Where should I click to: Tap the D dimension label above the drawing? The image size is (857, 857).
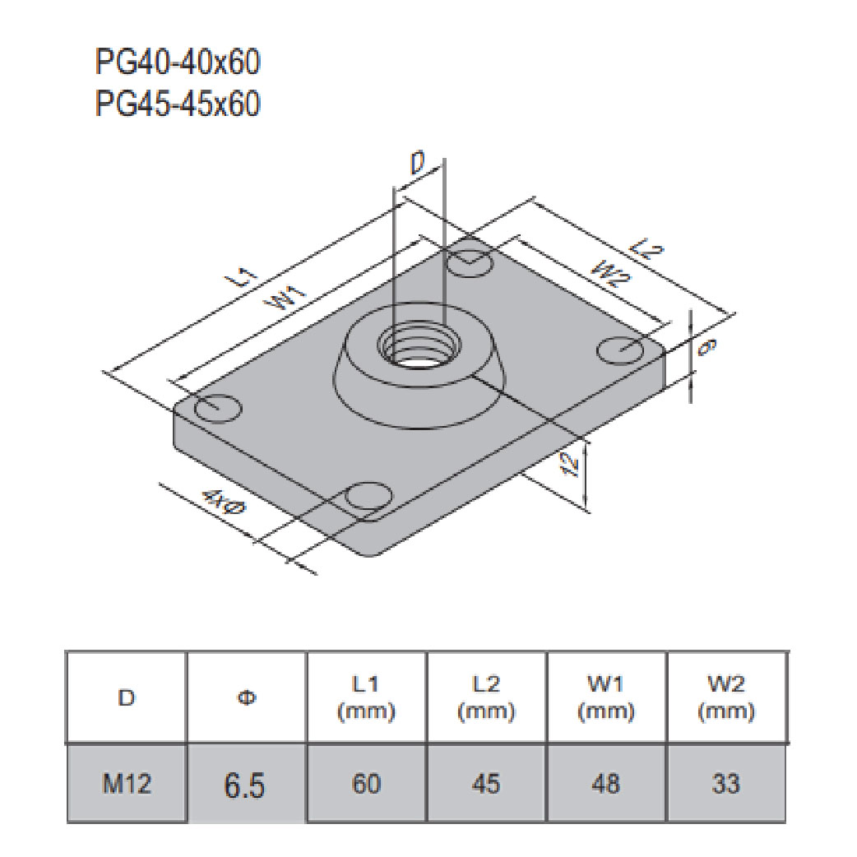coord(419,165)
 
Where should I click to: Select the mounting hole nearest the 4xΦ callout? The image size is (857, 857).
coord(368,497)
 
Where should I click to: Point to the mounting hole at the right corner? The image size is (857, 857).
coord(621,349)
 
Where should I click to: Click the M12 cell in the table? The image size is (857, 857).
coord(127,784)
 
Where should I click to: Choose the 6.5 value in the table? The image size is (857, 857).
coord(246,785)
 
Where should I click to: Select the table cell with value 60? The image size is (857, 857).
coord(366,784)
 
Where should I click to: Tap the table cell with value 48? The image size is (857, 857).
coord(606,784)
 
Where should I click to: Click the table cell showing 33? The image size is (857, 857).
coord(726,784)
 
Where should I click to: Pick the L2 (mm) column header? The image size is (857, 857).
coord(486,698)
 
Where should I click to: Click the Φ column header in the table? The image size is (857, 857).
coord(246,698)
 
